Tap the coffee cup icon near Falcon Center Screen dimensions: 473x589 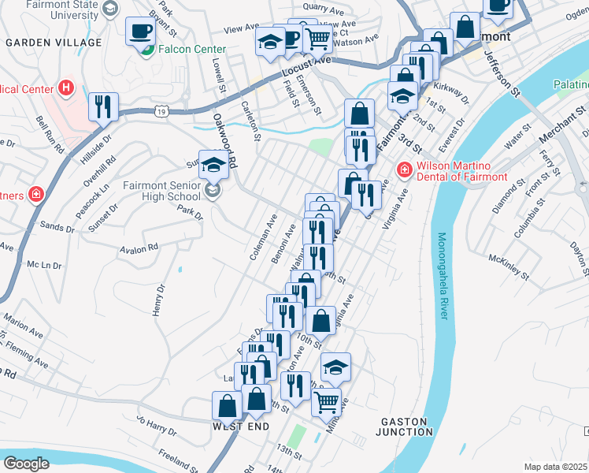point(141,32)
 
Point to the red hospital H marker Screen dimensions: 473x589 point(66,87)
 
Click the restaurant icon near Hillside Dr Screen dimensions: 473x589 point(103,106)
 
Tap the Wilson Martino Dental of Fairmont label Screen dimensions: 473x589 point(461,171)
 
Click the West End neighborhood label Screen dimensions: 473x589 point(240,426)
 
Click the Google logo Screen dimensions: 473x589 point(27,464)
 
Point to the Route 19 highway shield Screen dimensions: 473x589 point(161,113)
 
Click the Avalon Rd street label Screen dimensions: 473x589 point(139,248)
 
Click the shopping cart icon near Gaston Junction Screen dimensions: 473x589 point(326,403)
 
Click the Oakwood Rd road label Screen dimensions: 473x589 point(225,139)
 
